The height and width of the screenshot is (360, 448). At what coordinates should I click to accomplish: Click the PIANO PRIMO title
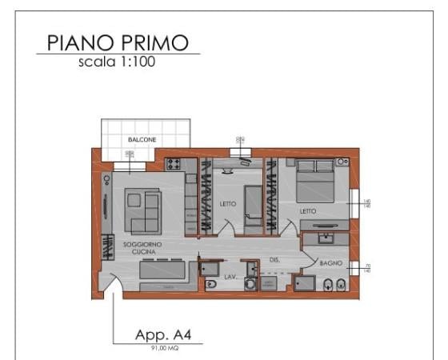tap(117, 42)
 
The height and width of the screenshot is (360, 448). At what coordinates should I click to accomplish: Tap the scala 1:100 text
tap(117, 62)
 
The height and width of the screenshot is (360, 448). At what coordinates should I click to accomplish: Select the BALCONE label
tap(142, 140)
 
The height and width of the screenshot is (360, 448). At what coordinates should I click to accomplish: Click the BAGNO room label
tap(330, 262)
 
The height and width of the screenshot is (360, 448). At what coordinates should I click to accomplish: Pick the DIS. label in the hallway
tap(274, 259)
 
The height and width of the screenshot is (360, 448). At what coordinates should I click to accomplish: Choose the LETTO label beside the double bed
tap(309, 211)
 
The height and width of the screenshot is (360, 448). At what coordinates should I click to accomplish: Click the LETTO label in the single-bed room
tap(228, 204)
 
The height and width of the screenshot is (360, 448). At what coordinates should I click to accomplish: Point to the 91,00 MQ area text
tap(156, 347)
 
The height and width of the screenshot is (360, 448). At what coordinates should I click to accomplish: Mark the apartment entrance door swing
tap(112, 285)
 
